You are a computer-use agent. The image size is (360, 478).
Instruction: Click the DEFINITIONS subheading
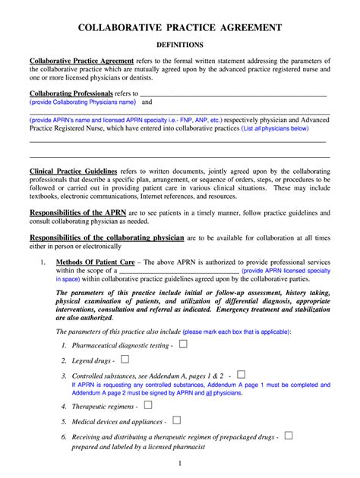[x=180, y=45]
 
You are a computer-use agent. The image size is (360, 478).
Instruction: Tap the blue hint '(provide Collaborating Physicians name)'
[x=83, y=102]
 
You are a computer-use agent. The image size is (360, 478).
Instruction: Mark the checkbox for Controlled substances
[x=241, y=374]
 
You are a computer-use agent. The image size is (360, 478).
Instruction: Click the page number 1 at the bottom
[x=180, y=464]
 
